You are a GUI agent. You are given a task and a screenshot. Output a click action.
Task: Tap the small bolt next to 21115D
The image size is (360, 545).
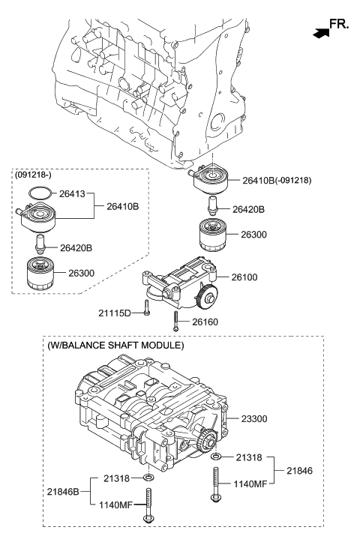147,312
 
